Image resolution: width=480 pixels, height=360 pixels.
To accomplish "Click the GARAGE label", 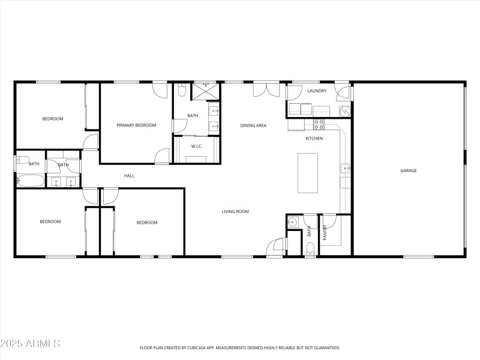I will click(x=409, y=170).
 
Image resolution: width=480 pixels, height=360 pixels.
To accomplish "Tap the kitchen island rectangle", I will click(x=308, y=173).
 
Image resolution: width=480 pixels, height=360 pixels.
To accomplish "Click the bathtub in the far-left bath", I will click(x=29, y=180).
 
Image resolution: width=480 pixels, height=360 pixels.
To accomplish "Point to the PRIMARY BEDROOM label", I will click(x=136, y=125).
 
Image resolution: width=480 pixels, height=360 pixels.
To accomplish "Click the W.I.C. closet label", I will click(x=197, y=146).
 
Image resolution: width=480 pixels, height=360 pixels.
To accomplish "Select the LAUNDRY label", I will click(x=316, y=91).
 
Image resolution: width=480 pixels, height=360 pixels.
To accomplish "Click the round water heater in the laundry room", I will click(x=344, y=110).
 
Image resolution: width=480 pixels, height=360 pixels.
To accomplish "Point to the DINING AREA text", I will click(x=253, y=125).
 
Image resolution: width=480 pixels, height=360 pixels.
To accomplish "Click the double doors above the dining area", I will click(x=266, y=89).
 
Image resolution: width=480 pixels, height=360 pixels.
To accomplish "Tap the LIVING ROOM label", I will click(x=235, y=211).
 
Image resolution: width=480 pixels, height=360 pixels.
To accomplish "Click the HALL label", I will click(x=129, y=176).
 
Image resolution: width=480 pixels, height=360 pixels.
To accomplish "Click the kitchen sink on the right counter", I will click(x=346, y=169).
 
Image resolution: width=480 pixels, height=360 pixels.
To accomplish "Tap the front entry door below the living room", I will click(x=276, y=247).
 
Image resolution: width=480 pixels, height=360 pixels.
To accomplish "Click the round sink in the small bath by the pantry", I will click(x=293, y=223).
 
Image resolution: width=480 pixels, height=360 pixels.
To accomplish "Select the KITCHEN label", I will click(x=314, y=139).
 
